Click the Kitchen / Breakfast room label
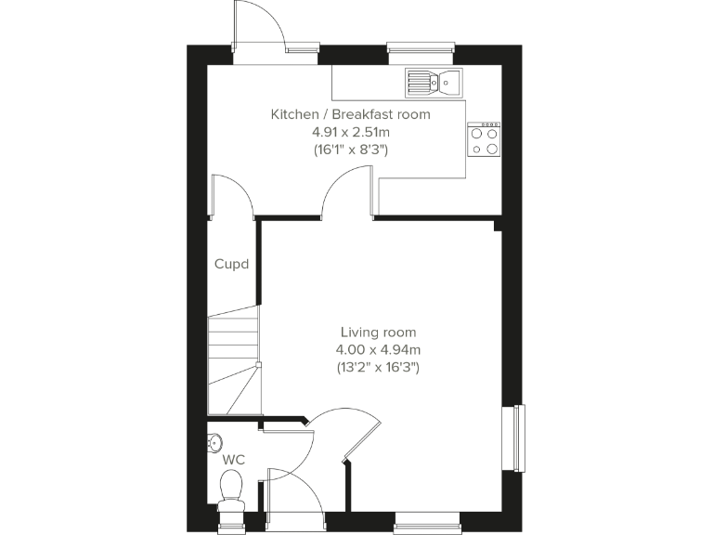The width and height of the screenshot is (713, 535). click(x=350, y=114)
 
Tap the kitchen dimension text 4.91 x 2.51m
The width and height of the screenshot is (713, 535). click(x=350, y=131)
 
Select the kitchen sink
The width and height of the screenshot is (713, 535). click(x=434, y=82)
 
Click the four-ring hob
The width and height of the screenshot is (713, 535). click(x=485, y=139)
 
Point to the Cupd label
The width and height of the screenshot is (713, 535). click(x=231, y=264)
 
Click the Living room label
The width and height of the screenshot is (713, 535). click(x=378, y=332)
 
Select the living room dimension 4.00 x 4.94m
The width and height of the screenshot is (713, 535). click(x=378, y=349)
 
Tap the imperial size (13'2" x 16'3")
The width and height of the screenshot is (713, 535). click(x=378, y=367)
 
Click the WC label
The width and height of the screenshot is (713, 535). click(x=233, y=460)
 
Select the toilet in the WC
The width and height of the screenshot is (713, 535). click(x=231, y=489)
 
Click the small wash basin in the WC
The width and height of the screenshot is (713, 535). click(x=214, y=440)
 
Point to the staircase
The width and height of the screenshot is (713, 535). click(x=232, y=362)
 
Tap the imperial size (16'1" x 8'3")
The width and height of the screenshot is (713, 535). click(x=350, y=149)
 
